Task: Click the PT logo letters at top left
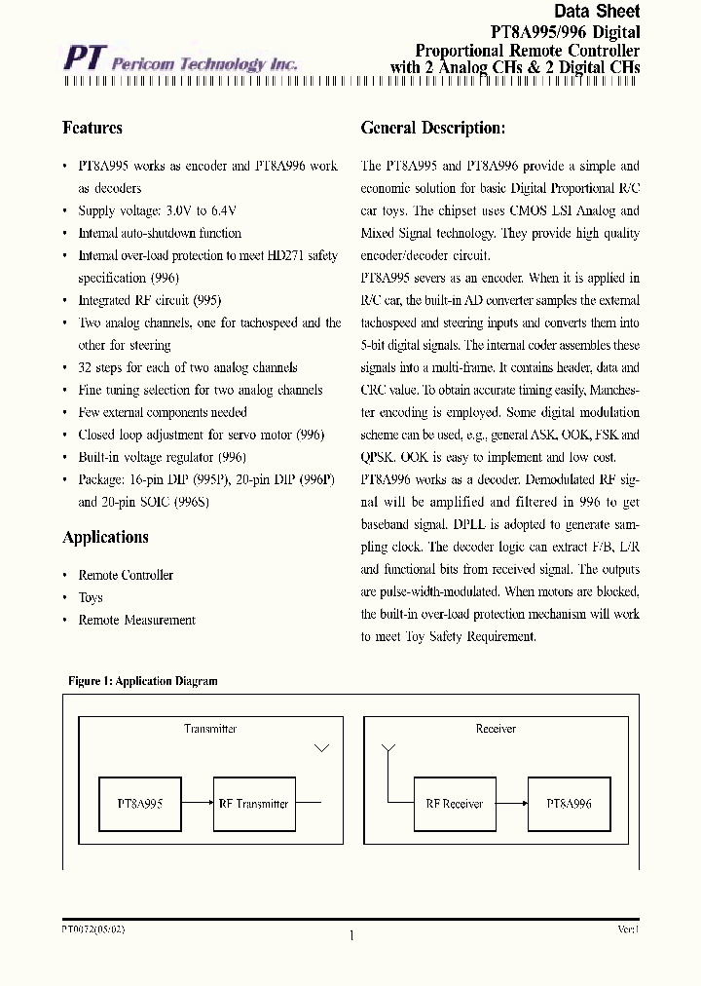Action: point(84,58)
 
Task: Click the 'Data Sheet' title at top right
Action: point(597,12)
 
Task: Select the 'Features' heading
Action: point(92,128)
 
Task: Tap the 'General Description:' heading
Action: point(432,128)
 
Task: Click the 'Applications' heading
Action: point(105,537)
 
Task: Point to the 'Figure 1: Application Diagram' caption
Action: point(142,681)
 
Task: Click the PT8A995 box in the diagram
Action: point(139,804)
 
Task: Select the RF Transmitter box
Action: point(252,804)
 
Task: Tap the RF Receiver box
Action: point(454,804)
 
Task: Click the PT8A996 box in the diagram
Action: point(569,804)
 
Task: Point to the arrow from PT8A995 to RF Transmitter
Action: point(197,804)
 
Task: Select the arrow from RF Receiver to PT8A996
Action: point(511,804)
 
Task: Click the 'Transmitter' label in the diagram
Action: point(210,729)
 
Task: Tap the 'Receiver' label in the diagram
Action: point(496,729)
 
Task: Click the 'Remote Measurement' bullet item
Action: point(136,620)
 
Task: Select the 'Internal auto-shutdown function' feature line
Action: point(160,233)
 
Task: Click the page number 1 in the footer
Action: point(350,935)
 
